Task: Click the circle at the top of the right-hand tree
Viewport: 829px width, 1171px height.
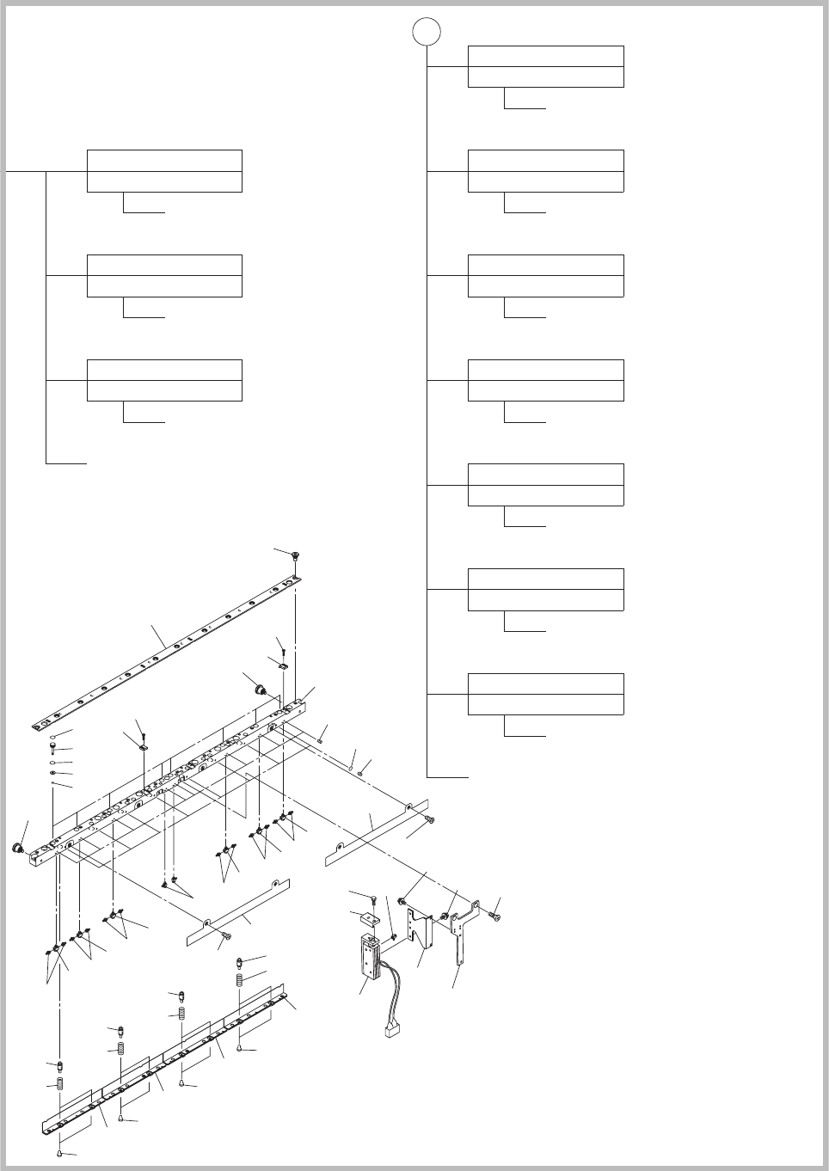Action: pos(427,33)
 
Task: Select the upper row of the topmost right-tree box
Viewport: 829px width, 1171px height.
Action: pos(545,56)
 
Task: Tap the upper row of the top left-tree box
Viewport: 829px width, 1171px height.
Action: pos(164,160)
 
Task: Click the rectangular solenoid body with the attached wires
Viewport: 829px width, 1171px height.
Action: pos(372,959)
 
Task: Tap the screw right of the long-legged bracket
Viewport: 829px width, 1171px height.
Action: pos(494,915)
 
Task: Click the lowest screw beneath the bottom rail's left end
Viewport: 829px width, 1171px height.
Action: pos(59,1149)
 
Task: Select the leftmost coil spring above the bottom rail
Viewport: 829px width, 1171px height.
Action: pos(62,1086)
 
